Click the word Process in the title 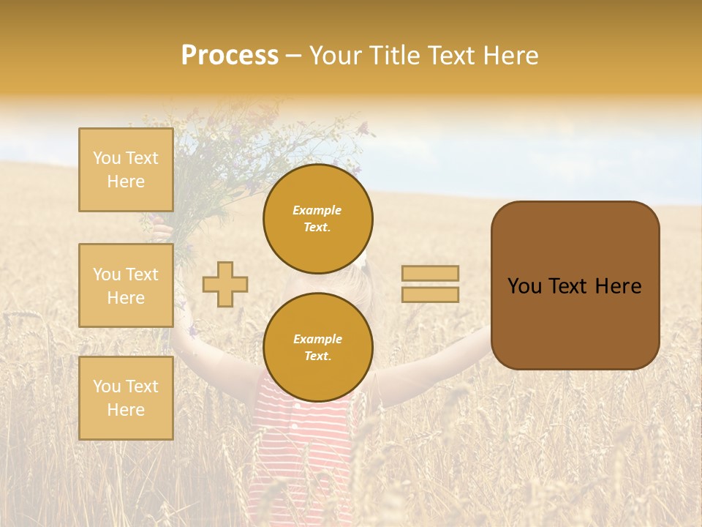pyautogui.click(x=230, y=56)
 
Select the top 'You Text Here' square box pyautogui.click(x=126, y=170)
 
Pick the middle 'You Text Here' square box pyautogui.click(x=126, y=285)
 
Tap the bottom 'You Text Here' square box pyautogui.click(x=126, y=398)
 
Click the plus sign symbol pyautogui.click(x=225, y=284)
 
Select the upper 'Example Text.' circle pyautogui.click(x=317, y=219)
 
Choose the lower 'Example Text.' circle pyautogui.click(x=317, y=348)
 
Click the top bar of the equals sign pyautogui.click(x=430, y=273)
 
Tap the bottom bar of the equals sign pyautogui.click(x=430, y=295)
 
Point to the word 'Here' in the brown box pyautogui.click(x=618, y=286)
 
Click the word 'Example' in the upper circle pyautogui.click(x=317, y=210)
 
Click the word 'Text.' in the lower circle pyautogui.click(x=317, y=356)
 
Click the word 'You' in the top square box pyautogui.click(x=107, y=158)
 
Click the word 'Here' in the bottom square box pyautogui.click(x=126, y=410)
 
